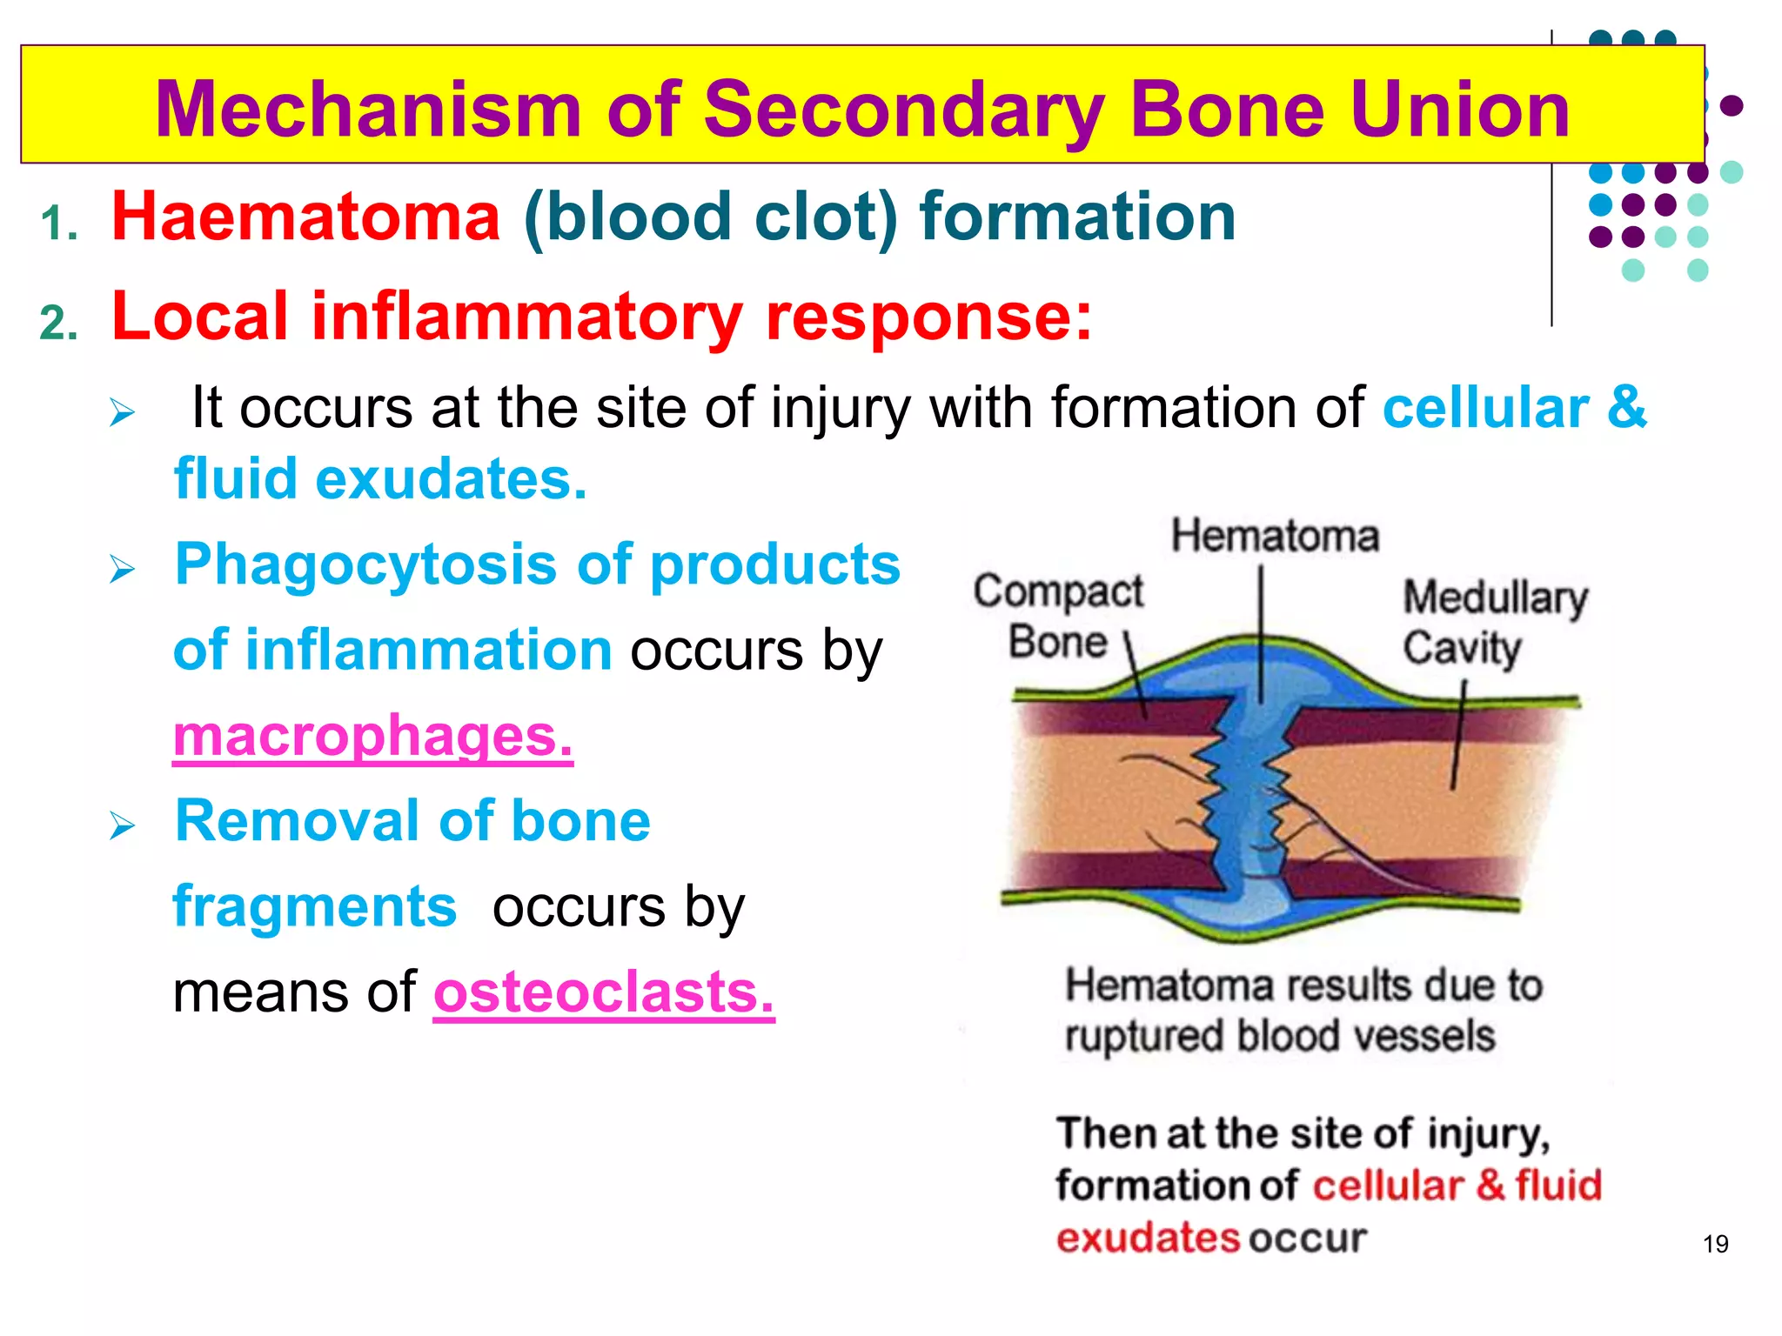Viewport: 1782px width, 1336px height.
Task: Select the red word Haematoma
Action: tap(305, 217)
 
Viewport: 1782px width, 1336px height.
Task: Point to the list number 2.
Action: tap(59, 324)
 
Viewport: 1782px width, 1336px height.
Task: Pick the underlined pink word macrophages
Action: tap(372, 736)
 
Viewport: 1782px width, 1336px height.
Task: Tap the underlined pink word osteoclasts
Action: tap(603, 992)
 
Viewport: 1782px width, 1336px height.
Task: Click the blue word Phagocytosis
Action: tap(365, 564)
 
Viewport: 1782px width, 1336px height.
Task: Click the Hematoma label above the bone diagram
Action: tap(1275, 535)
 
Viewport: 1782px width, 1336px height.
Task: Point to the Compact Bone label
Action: tap(1058, 616)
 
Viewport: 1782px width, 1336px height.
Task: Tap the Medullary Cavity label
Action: tap(1494, 623)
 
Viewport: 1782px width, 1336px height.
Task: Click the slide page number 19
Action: tap(1715, 1244)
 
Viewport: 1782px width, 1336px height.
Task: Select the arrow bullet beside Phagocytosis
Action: tap(123, 570)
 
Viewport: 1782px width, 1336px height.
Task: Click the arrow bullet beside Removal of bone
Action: tap(123, 825)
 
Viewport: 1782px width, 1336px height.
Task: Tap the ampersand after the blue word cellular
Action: tap(1626, 408)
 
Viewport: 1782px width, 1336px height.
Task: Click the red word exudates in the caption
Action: tap(1147, 1238)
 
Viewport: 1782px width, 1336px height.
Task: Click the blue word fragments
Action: tap(314, 906)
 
